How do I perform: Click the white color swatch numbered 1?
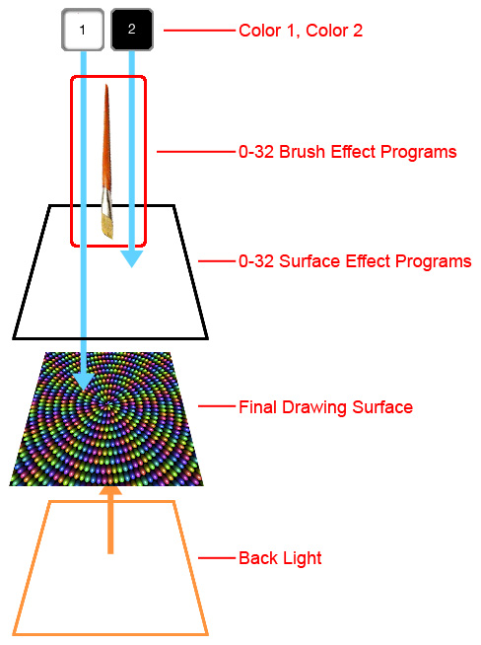tap(83, 30)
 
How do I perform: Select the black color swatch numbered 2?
tap(132, 30)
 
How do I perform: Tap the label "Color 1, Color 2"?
tap(301, 31)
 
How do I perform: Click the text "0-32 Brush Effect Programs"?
tap(347, 152)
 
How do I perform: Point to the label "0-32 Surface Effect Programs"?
tap(355, 261)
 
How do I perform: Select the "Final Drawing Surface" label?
tap(325, 407)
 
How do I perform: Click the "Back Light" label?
tap(280, 558)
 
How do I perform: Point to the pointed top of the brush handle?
tap(106, 86)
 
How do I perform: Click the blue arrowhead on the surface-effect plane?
tap(131, 259)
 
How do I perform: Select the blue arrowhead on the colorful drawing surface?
tap(84, 382)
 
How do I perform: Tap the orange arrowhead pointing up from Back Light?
tap(110, 491)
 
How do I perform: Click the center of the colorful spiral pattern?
tap(107, 405)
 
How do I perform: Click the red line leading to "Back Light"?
tap(217, 558)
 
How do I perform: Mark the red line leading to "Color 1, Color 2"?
tap(199, 31)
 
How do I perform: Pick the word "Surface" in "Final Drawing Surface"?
tap(382, 407)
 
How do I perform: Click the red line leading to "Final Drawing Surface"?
tap(217, 406)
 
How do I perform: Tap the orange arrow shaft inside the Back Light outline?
tap(110, 524)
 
